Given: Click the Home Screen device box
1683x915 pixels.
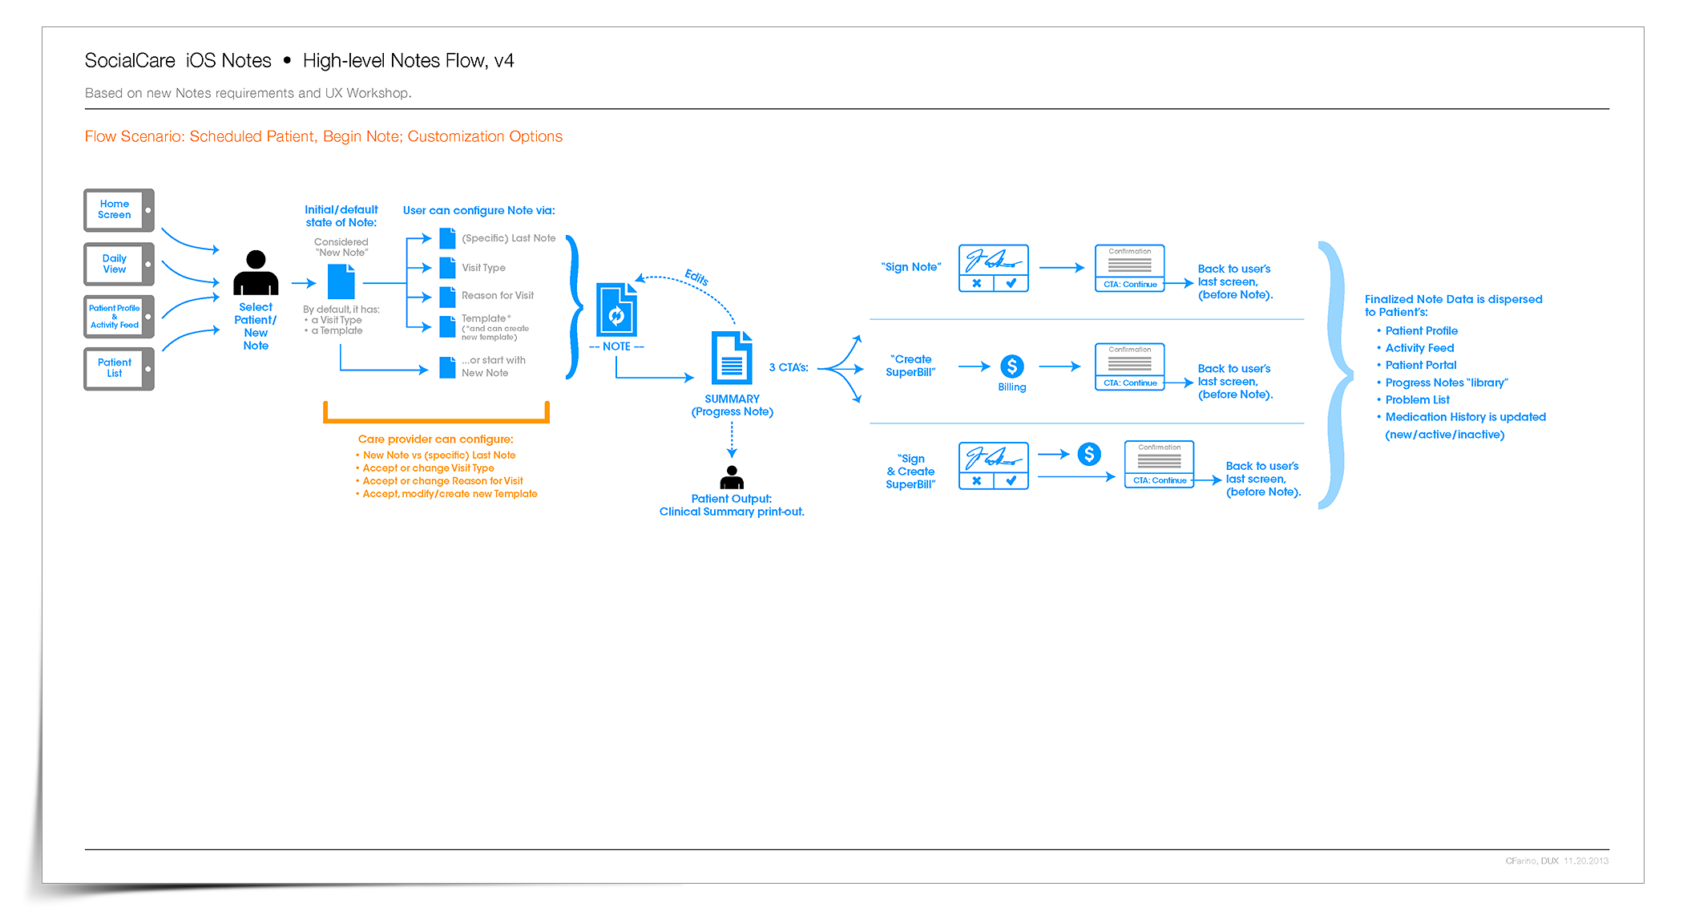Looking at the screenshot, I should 119,210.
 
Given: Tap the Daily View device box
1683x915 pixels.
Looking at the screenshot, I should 119,264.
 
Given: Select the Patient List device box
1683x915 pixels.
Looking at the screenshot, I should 119,368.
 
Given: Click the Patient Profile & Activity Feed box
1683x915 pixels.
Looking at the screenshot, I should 119,317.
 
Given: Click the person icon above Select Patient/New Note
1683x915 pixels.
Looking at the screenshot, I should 256,273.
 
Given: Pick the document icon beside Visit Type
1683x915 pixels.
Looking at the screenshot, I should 447,268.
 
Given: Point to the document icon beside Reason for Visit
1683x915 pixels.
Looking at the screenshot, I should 447,296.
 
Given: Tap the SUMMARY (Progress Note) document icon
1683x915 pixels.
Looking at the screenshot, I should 732,358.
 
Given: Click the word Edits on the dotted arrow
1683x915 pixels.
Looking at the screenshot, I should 696,277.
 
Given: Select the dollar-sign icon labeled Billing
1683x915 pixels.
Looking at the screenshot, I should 1012,366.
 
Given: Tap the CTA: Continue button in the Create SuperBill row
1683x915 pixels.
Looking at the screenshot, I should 1130,383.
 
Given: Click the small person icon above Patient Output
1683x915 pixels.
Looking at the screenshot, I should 732,477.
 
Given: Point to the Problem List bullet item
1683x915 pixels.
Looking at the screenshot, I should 1417,400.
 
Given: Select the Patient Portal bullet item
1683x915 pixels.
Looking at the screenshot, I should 1420,366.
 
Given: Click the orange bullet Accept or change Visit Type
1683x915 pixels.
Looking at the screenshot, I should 428,468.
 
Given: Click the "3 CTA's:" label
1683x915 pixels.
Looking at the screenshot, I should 789,368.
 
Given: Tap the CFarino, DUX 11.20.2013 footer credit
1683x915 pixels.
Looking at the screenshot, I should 1556,861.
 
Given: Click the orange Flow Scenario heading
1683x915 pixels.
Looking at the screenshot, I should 324,137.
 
